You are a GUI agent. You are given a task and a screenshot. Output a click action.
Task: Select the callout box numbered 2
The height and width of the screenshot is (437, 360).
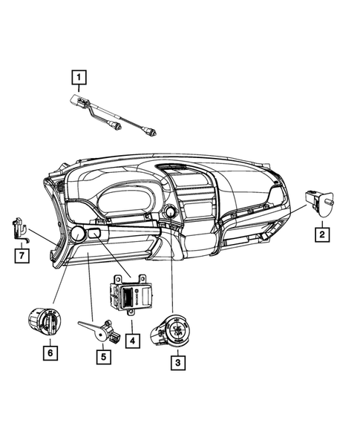click(321, 235)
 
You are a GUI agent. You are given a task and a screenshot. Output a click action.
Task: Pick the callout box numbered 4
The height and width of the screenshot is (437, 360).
click(131, 341)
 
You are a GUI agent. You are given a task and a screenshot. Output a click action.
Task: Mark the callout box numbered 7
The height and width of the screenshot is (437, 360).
click(22, 256)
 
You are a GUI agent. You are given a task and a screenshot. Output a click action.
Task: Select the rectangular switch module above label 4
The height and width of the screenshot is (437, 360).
click(132, 296)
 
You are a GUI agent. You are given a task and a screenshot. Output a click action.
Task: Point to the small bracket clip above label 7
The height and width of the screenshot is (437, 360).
click(21, 229)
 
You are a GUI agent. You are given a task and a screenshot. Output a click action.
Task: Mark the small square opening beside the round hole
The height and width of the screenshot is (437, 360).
click(95, 235)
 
